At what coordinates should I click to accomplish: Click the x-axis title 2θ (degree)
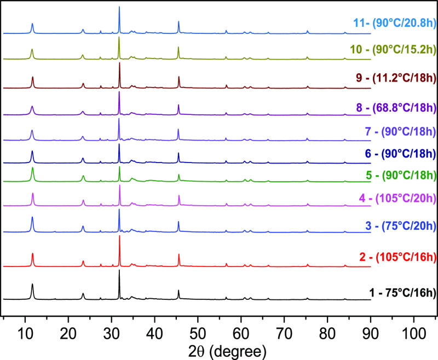(x=220, y=349)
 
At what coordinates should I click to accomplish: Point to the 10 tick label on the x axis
(x=25, y=332)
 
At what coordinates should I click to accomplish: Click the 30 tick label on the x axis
(x=111, y=332)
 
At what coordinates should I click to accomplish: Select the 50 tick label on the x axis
(x=198, y=332)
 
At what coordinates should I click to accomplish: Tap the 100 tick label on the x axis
(x=414, y=332)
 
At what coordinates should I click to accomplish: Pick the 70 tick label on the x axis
(x=284, y=332)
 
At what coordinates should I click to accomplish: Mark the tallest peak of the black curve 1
(x=119, y=271)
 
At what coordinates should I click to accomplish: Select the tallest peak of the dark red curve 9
(x=119, y=64)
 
